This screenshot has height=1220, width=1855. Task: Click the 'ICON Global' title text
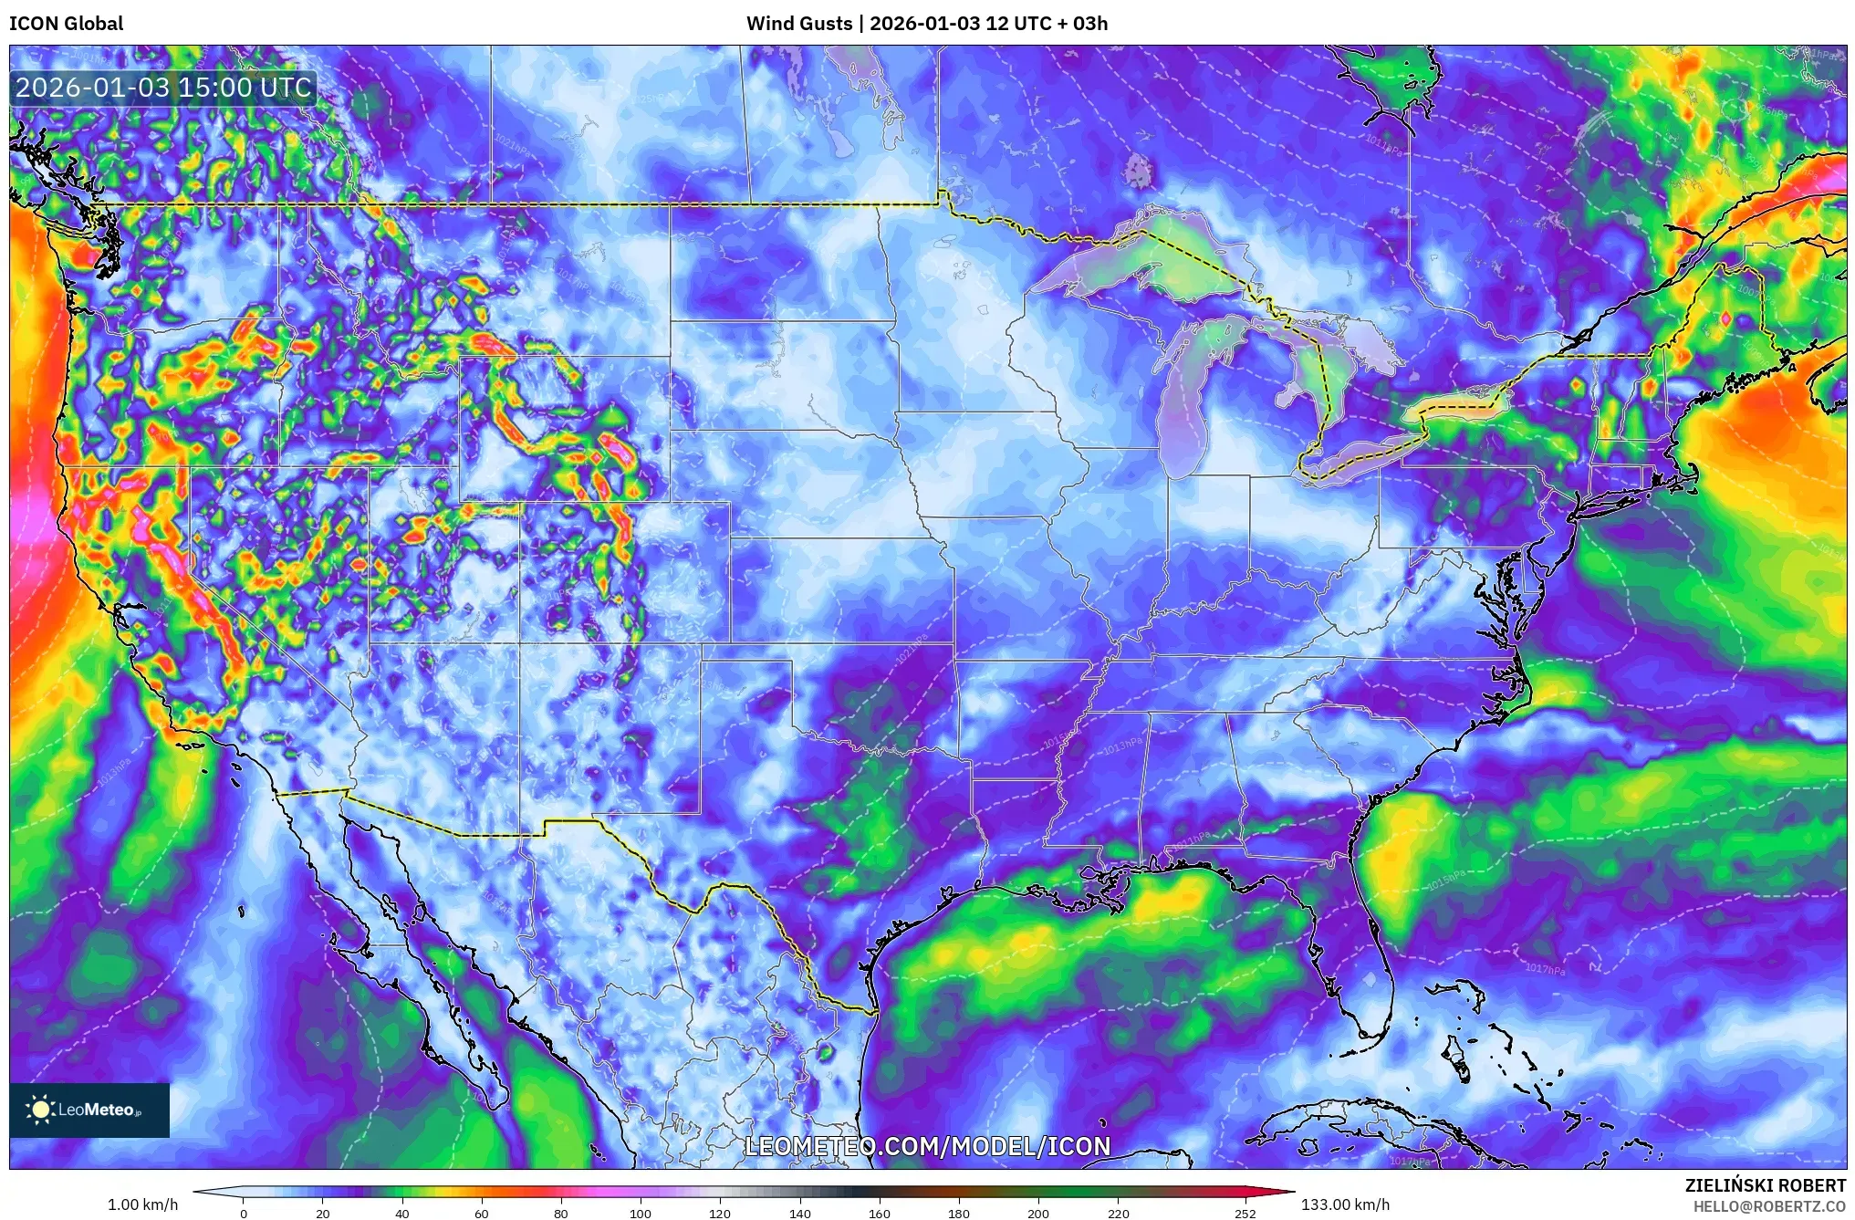[66, 24]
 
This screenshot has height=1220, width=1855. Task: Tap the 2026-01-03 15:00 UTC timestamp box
[163, 88]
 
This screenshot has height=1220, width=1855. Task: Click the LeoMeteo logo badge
[89, 1110]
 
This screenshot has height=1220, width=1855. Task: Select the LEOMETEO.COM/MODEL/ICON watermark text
[927, 1146]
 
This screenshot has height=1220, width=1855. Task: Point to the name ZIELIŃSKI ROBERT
[1765, 1185]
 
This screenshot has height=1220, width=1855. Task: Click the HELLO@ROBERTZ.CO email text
[1769, 1206]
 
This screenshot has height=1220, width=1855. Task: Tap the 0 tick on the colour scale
[244, 1213]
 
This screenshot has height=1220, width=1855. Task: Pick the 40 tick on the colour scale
[402, 1213]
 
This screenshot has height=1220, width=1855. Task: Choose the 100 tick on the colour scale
[641, 1213]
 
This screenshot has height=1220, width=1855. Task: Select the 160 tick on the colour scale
[880, 1213]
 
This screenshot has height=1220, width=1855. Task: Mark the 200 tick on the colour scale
[1038, 1213]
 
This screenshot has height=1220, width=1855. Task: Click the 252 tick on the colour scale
[1245, 1213]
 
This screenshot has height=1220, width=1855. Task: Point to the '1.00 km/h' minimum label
[142, 1204]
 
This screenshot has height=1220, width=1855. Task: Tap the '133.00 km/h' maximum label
[1345, 1204]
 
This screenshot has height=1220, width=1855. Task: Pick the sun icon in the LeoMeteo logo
[40, 1110]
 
